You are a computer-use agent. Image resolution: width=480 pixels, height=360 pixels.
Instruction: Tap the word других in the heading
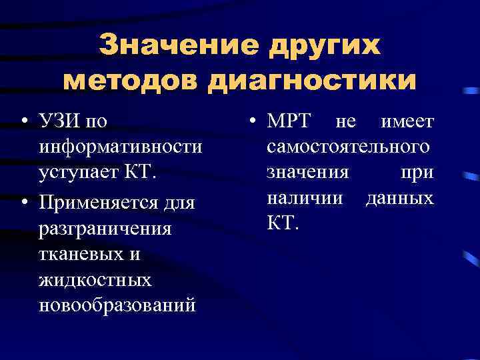[x=324, y=47]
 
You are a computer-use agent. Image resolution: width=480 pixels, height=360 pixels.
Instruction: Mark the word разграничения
[x=105, y=228]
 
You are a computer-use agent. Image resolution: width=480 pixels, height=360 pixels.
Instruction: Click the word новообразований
[x=117, y=305]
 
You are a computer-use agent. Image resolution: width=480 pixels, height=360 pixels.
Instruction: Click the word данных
[x=399, y=198]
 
